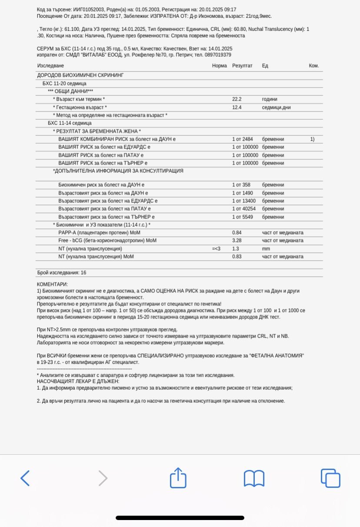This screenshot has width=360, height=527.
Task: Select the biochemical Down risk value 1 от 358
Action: [x=241, y=185]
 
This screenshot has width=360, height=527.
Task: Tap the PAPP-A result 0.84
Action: [x=237, y=232]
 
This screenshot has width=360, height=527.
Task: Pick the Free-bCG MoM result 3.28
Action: [x=237, y=241]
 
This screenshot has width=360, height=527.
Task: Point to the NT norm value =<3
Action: [x=217, y=248]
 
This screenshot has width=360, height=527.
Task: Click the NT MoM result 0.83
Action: [x=237, y=257]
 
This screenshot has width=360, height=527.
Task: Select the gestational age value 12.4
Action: [x=237, y=107]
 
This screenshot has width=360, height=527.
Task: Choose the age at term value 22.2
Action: [x=237, y=99]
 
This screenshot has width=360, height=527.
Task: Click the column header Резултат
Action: [x=242, y=66]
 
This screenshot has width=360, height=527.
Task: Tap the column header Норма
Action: [x=220, y=66]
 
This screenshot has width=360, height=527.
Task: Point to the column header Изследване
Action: [x=50, y=66]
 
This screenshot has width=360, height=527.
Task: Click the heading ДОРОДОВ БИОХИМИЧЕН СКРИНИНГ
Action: [x=80, y=75]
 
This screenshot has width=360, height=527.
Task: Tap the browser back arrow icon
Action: [x=25, y=478]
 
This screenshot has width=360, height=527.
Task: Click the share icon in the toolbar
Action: [x=178, y=477]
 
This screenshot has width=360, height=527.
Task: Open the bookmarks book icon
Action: [x=254, y=478]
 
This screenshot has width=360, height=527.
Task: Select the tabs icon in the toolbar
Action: [x=330, y=478]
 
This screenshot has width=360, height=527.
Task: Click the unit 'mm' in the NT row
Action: [x=266, y=248]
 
